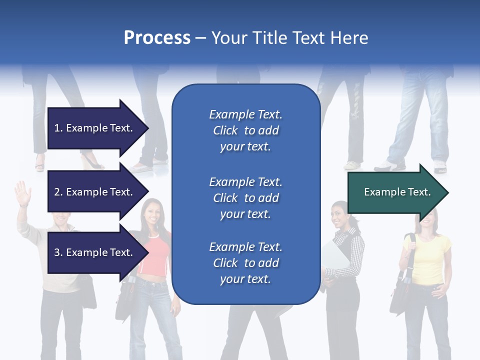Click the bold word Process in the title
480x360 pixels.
click(x=157, y=38)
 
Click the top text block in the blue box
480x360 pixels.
click(x=245, y=130)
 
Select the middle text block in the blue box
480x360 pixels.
click(x=245, y=198)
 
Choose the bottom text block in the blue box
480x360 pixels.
click(x=245, y=263)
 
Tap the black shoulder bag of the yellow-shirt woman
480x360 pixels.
click(x=400, y=297)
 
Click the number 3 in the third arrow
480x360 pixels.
click(x=57, y=252)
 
